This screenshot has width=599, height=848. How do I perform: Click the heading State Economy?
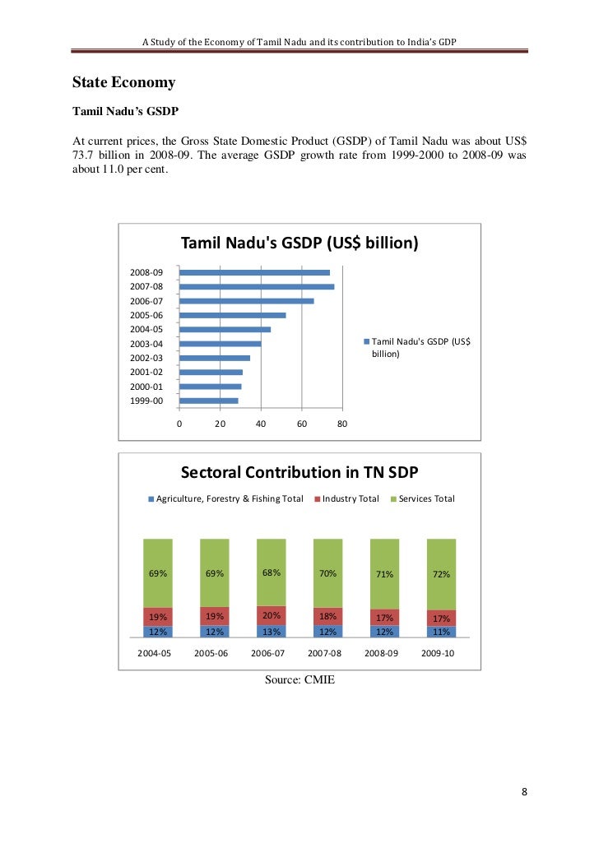coord(123,83)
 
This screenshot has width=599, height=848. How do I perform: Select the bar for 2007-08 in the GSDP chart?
coord(256,286)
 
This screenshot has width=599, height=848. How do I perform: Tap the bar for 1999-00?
coord(208,401)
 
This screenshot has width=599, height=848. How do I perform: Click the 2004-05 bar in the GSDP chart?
coord(225,329)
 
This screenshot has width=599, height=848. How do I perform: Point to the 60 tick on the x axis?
coord(301,424)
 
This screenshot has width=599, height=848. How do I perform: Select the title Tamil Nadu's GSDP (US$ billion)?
coord(299,243)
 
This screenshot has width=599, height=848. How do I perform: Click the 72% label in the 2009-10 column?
coord(441,574)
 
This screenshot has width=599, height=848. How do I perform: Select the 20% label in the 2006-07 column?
coord(272,614)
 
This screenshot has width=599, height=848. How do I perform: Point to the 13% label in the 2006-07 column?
coord(272,632)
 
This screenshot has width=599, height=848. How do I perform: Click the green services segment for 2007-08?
coord(327,573)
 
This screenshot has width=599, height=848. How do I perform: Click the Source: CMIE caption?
coord(299,679)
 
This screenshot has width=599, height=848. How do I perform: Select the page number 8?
coord(524,792)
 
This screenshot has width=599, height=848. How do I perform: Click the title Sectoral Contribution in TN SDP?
coord(299,473)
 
